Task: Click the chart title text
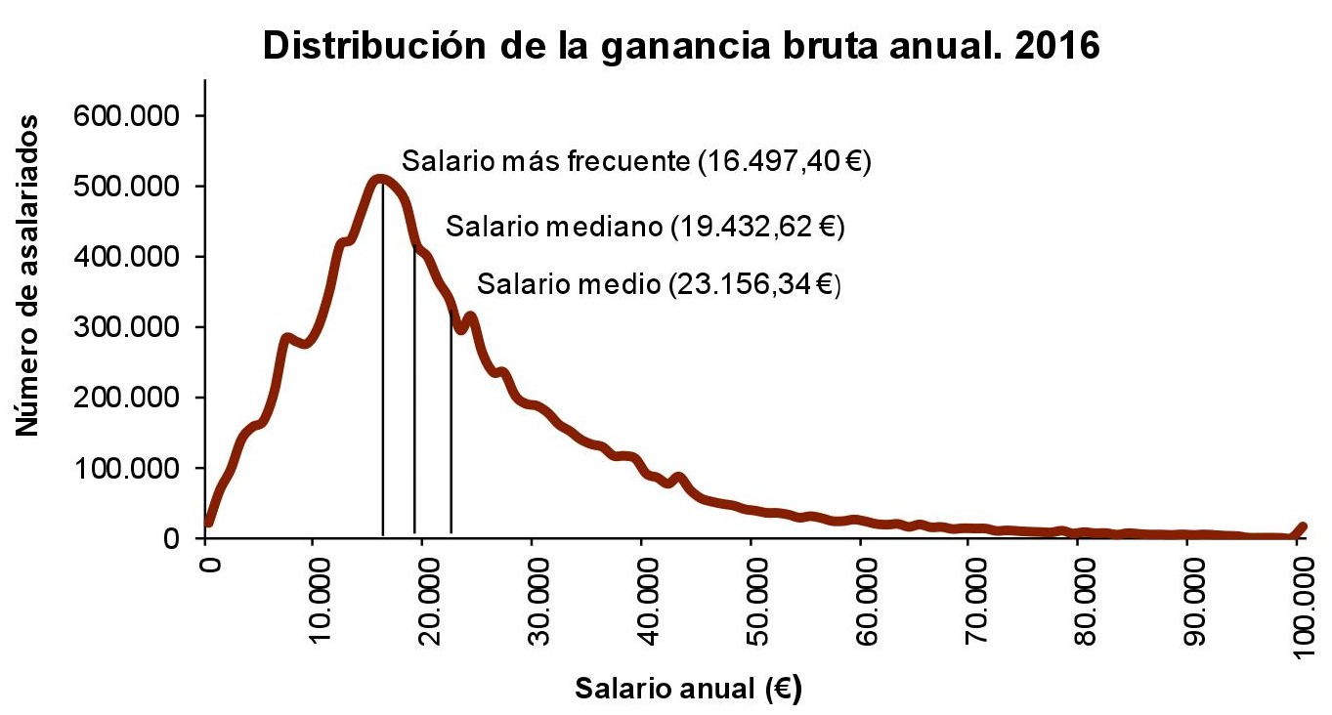tap(681, 46)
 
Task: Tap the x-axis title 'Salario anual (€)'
tap(688, 688)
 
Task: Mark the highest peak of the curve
tap(379, 179)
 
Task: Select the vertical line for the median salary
tap(415, 391)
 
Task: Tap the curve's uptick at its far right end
tap(1302, 527)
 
